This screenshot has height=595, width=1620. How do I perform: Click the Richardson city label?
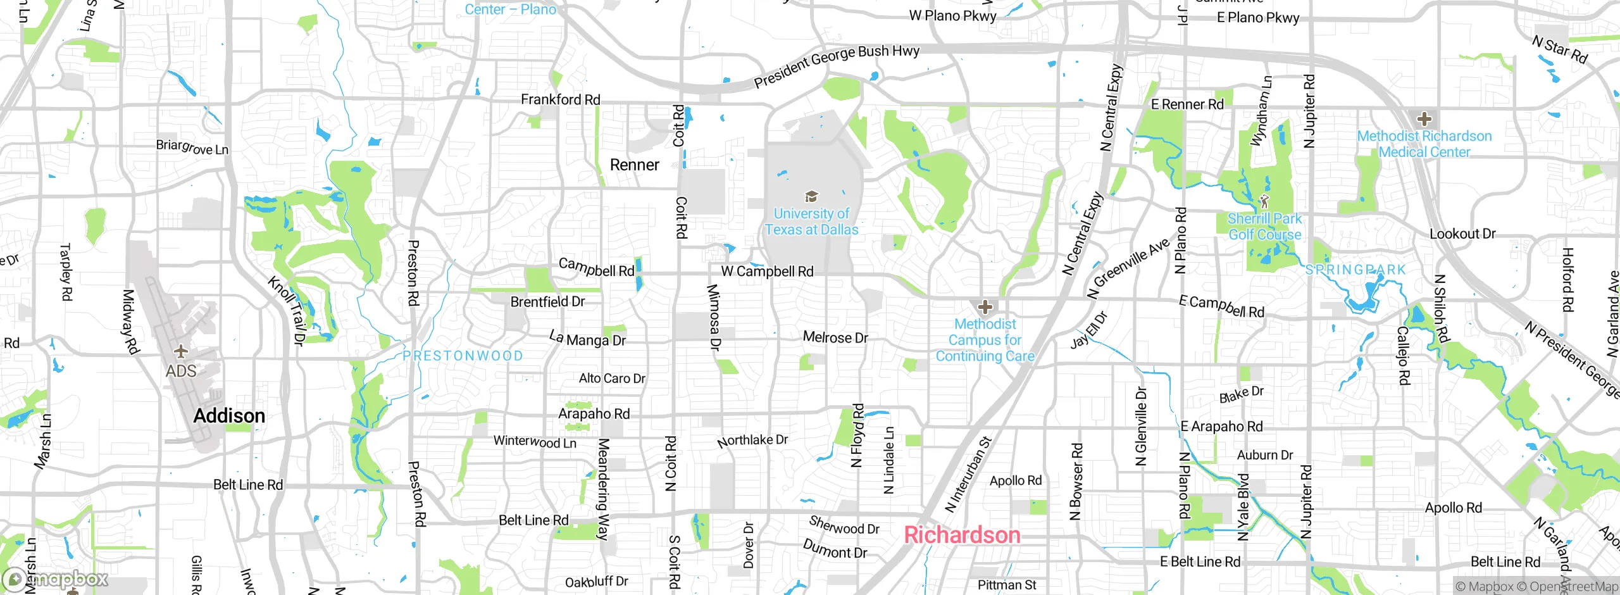(962, 535)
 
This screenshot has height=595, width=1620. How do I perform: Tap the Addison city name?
(229, 416)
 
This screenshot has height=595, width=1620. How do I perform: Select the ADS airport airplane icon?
(181, 351)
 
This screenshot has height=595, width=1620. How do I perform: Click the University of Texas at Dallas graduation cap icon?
(811, 197)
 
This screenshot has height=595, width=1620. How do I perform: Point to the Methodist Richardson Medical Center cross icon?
(1424, 118)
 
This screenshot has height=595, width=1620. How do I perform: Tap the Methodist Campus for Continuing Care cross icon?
(985, 307)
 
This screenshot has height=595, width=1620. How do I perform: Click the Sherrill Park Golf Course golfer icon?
(1264, 202)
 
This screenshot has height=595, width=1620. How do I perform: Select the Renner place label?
(634, 165)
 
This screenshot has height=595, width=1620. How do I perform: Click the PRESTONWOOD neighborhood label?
(463, 356)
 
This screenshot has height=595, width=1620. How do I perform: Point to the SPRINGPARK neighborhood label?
(1355, 270)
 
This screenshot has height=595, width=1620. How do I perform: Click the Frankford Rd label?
(560, 99)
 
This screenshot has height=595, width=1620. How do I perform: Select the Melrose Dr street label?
(835, 337)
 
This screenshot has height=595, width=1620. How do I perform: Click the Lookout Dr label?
(1462, 234)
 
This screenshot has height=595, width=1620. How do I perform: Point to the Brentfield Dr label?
(547, 302)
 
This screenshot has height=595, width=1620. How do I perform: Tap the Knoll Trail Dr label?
(287, 310)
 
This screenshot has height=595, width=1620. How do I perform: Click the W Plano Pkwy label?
(952, 16)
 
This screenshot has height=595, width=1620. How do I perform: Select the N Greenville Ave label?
(1128, 268)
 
